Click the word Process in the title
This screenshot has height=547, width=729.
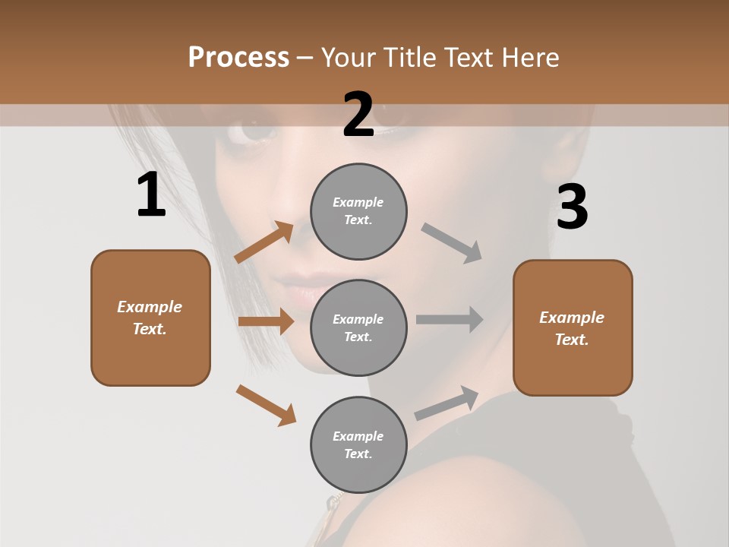point(238,58)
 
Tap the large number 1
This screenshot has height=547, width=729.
point(151,195)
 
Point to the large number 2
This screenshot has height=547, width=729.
point(358,115)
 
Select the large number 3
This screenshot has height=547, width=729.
point(572,207)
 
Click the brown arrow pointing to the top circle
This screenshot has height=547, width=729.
point(264,242)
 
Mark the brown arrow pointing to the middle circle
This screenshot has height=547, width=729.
point(266,321)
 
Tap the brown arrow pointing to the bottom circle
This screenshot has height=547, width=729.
point(266,404)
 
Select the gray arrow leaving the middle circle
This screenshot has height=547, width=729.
point(450,320)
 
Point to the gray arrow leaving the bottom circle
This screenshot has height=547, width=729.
point(447,403)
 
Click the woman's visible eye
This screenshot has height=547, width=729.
point(258,131)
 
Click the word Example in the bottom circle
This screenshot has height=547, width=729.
point(358,436)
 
